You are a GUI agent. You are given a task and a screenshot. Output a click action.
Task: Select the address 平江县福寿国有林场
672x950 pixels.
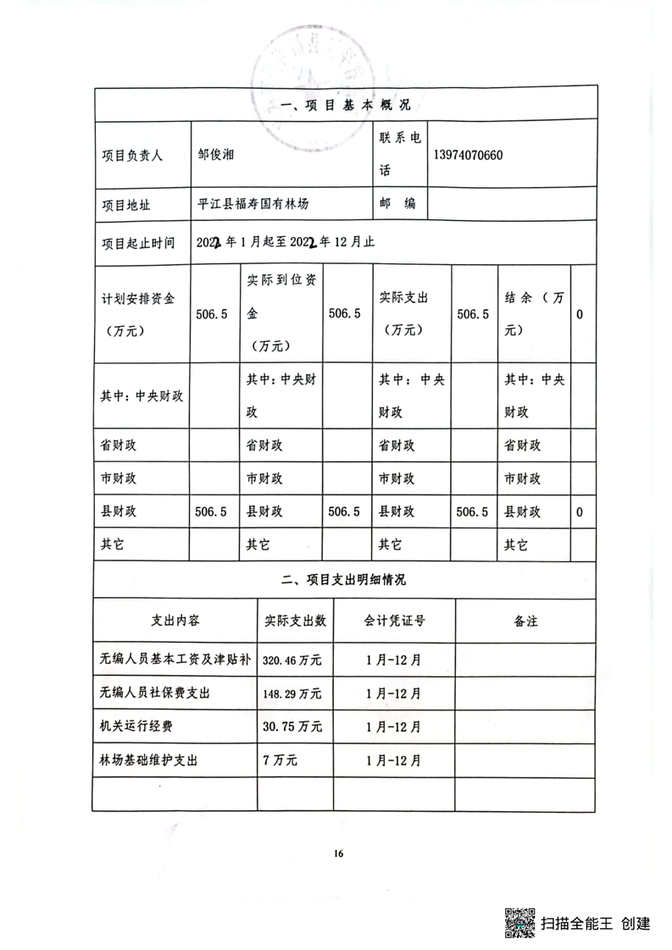(x=253, y=204)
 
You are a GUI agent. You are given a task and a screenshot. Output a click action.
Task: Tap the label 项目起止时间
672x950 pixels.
(x=138, y=242)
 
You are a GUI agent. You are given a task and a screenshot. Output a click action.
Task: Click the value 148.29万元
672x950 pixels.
(x=292, y=693)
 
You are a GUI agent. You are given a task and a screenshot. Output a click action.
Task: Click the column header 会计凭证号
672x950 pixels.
(x=395, y=621)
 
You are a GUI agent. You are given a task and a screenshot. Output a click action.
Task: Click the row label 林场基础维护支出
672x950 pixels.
(x=148, y=760)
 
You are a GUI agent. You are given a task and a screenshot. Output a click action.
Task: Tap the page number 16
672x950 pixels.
(x=338, y=853)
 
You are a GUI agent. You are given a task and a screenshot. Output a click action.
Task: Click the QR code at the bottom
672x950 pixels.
(x=520, y=923)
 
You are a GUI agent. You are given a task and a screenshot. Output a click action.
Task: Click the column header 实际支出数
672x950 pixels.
(x=297, y=621)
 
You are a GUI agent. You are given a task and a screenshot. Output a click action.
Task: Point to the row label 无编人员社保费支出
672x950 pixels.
(x=154, y=693)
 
